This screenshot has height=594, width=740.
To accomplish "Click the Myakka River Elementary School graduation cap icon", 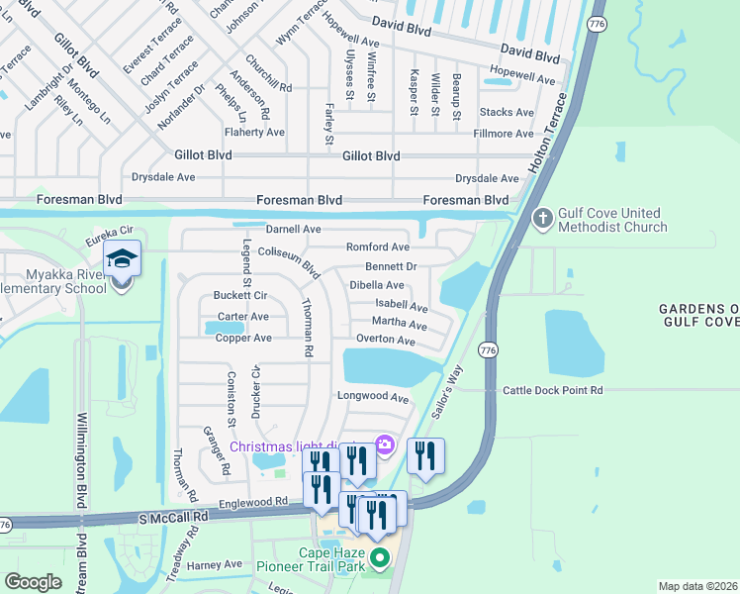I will pos(123,259).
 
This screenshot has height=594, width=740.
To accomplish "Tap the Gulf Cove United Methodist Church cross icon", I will pos(542,217).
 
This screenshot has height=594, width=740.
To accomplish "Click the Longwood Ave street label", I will pos(373,398).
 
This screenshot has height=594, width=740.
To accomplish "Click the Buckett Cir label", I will pos(240,295).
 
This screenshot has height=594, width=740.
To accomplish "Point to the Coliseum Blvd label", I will pos(289,260).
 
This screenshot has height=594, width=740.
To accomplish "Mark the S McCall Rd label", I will pos(174,517).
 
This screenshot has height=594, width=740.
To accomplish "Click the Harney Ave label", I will pos(215,564).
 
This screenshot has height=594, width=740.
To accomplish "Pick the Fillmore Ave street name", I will pos(504,133).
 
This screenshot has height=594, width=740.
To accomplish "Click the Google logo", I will pos(33,582).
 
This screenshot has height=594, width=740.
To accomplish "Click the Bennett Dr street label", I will pos(391,266).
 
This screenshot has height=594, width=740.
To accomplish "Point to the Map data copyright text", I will pos(696,586).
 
